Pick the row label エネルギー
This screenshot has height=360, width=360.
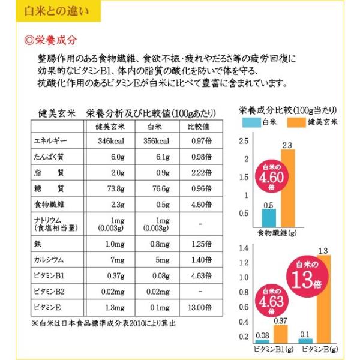pyautogui.click(x=50, y=142)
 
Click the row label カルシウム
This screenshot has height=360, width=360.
pyautogui.click(x=52, y=261)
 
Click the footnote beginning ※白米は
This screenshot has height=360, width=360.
pyautogui.click(x=103, y=323)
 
